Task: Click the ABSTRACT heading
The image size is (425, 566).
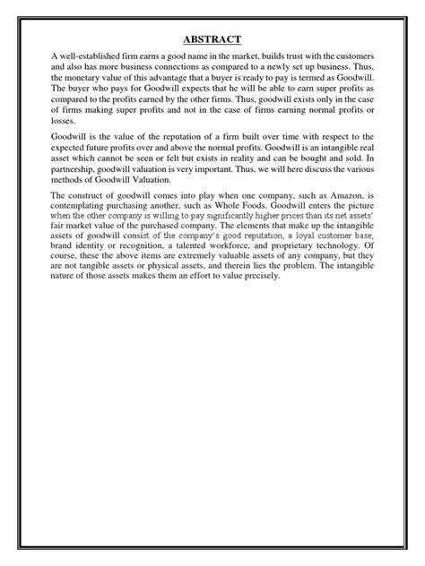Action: (212, 40)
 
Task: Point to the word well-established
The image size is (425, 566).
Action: (89, 57)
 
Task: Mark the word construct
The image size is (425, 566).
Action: (97, 195)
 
